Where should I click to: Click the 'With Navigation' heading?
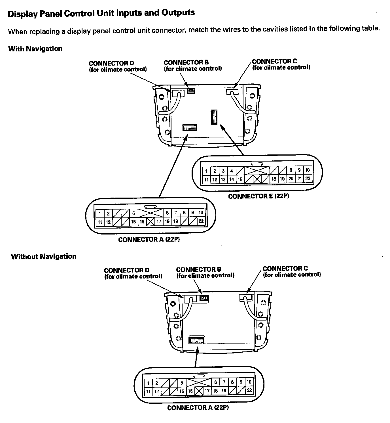point(35,49)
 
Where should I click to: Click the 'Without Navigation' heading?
point(44,256)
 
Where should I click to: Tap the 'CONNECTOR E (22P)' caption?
point(258,196)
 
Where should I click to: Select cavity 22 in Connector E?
point(308,179)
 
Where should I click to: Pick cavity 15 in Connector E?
point(240,179)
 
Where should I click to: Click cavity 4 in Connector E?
point(232,171)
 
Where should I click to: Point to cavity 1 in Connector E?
point(206,171)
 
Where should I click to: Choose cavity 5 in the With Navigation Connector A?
point(133,213)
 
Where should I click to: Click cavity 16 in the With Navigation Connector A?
point(142,222)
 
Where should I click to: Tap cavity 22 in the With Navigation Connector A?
point(201,221)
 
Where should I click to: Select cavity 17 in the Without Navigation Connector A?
point(207,391)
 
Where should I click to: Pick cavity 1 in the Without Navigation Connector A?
point(148,383)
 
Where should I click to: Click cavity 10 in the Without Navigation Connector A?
point(249,382)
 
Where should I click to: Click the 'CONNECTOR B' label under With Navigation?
point(186,62)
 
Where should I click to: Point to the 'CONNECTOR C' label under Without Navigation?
point(285,268)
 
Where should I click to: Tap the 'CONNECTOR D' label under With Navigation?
point(111,63)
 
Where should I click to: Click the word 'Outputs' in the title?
point(178,13)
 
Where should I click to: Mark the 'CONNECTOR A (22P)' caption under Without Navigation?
point(198,408)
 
